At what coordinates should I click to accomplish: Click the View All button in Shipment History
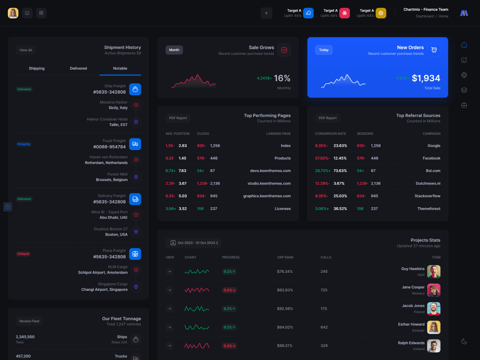pos(26,50)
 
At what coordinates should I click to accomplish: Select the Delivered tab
pos(78,68)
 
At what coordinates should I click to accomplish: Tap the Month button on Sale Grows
pos(174,50)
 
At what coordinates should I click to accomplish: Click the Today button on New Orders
pos(324,50)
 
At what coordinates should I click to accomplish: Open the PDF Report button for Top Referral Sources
pos(328,118)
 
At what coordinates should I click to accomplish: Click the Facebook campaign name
pos(431,158)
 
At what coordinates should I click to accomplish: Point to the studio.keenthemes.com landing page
pos(269,184)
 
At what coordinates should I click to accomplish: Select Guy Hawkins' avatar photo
pos(434,272)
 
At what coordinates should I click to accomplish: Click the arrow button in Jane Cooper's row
pos(169,290)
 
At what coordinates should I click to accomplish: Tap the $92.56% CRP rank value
pos(285,309)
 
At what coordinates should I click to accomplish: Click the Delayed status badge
pos(23,254)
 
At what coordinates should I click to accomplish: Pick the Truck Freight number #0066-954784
pos(109,147)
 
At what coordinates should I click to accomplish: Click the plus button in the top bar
pos(266,13)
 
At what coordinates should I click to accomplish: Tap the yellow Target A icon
pos(381,13)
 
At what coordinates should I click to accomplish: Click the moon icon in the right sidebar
pos(464,341)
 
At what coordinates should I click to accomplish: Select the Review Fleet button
pos(30,321)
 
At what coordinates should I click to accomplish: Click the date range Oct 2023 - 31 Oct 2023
pos(194,243)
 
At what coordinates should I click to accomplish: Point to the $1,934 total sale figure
pos(426,78)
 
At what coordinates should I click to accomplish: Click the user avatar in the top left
pos(13,13)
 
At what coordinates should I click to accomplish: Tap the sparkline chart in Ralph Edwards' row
pos(196,346)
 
